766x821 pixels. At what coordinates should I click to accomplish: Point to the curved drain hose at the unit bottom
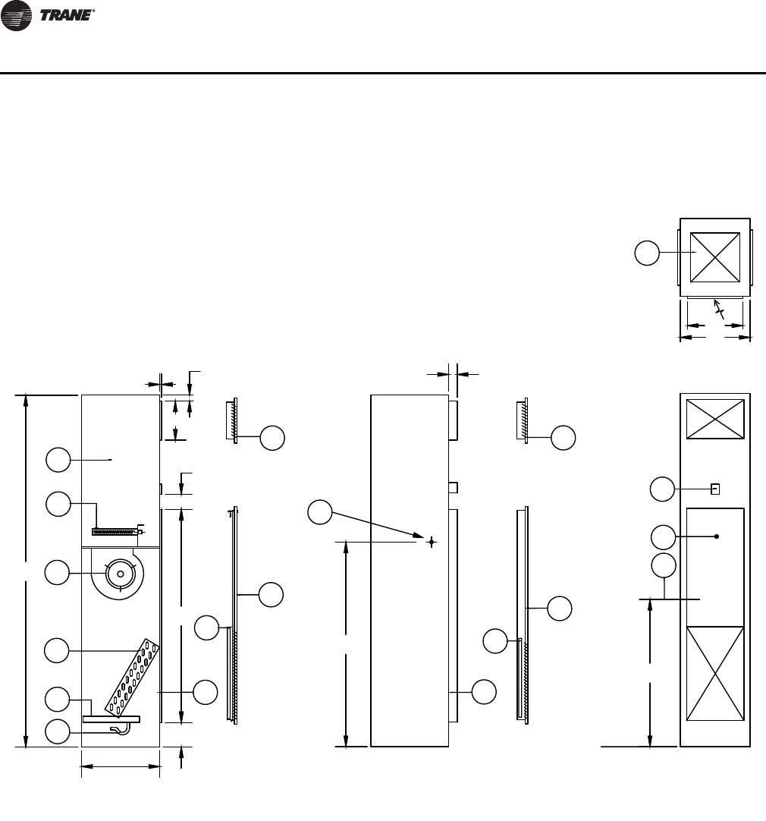(121, 729)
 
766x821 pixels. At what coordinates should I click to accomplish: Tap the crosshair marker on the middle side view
(431, 542)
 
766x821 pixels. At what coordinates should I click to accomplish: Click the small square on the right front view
(714, 489)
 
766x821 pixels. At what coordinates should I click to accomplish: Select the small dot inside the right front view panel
(717, 536)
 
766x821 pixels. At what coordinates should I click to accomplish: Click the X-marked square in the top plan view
(715, 258)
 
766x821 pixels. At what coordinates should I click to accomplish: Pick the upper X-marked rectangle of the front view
(714, 419)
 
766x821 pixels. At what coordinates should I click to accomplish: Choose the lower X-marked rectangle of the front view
(714, 674)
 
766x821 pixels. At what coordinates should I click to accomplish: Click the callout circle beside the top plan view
(647, 253)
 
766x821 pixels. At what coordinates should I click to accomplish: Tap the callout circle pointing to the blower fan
(58, 573)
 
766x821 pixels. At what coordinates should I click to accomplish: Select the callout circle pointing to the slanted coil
(58, 650)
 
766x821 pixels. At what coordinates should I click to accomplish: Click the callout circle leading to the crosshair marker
(319, 512)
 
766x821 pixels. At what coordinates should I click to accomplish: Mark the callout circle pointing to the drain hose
(58, 731)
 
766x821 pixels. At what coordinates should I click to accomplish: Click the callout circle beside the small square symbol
(664, 489)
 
